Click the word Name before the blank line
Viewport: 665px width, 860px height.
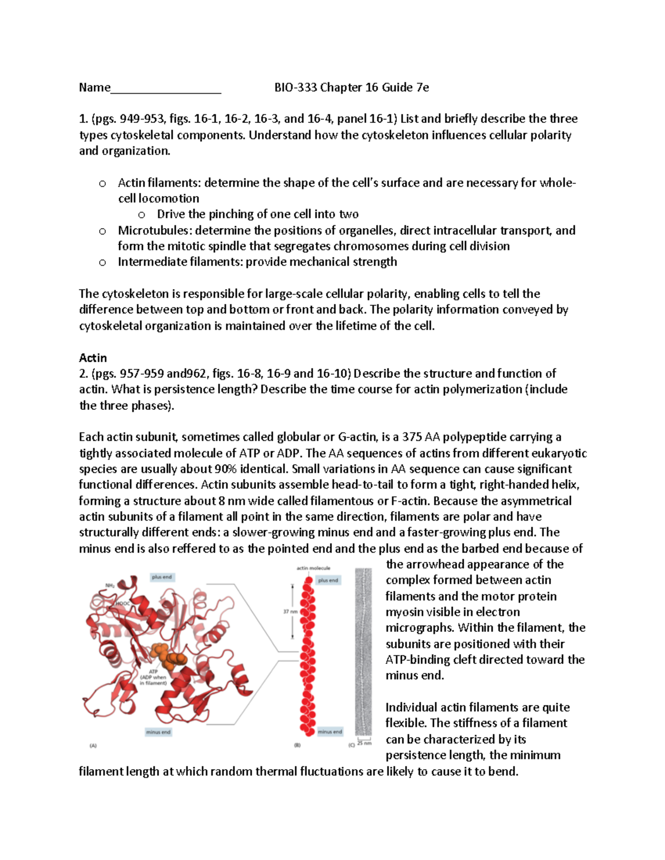click(94, 87)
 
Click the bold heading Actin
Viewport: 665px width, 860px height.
click(93, 358)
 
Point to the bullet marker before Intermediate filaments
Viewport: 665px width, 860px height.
click(103, 262)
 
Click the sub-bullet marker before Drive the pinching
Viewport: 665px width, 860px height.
click(142, 215)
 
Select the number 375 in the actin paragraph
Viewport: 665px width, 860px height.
click(412, 437)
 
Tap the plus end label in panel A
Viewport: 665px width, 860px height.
click(162, 577)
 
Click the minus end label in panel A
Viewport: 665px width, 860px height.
click(158, 732)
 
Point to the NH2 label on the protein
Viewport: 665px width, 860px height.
click(110, 585)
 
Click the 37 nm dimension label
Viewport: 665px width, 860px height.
click(290, 612)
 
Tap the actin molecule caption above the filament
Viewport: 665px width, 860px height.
click(313, 568)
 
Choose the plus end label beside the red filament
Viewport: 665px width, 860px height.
click(328, 580)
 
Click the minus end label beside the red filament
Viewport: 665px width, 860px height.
click(329, 732)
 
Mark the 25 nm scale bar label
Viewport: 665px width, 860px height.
click(364, 743)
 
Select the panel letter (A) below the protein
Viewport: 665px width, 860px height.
click(93, 746)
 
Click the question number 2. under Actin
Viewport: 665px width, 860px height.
click(84, 374)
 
